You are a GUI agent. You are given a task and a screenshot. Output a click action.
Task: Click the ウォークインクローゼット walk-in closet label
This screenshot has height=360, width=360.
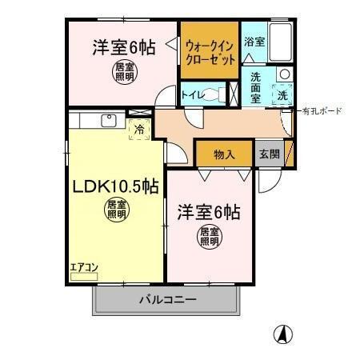coord(208,50)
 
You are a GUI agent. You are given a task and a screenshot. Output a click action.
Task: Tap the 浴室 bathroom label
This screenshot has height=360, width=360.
coord(254,42)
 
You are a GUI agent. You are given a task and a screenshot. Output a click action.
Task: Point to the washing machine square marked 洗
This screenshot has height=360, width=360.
coord(283,95)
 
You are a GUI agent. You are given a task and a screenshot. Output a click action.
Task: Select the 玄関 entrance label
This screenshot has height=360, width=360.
coord(269,154)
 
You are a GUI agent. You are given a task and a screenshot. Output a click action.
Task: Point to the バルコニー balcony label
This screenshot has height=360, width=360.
coord(168,301)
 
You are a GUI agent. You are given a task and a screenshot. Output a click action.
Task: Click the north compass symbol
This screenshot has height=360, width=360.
coord(282,334)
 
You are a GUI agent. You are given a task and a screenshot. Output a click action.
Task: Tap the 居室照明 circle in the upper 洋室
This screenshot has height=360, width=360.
coord(124,71)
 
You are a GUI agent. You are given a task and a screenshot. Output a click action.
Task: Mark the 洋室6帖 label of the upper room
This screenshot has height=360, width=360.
coord(123,47)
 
